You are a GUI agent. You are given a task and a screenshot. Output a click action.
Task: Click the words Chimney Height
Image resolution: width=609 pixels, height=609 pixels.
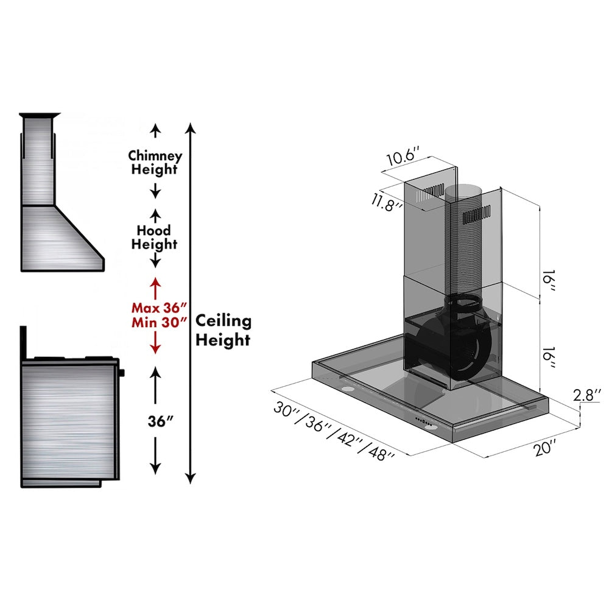point(155,163)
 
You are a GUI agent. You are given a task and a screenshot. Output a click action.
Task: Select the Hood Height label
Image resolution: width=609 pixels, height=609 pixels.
point(155,238)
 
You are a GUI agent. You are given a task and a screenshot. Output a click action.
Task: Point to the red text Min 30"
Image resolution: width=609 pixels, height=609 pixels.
point(158,322)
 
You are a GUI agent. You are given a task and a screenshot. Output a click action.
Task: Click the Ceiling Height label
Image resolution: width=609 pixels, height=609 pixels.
point(223,330)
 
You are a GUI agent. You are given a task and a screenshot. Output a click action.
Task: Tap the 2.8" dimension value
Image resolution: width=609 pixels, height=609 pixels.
point(587,395)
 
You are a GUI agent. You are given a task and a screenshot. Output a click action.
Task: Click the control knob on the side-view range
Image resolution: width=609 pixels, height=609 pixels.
point(122,372)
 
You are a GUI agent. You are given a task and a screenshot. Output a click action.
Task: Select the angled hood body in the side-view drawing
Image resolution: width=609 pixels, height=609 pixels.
point(61,238)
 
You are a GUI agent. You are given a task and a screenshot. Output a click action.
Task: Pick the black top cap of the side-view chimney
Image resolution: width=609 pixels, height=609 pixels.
point(40,114)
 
